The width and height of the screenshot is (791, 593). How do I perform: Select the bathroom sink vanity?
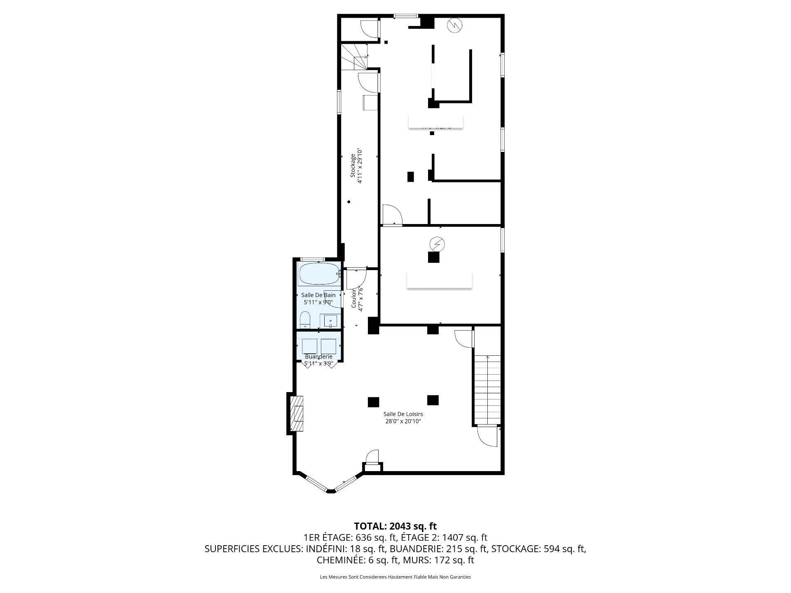[x=330, y=321]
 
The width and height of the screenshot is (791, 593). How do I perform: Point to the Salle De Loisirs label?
[x=403, y=414]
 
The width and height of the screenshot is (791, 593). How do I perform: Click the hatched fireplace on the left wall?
[x=297, y=414]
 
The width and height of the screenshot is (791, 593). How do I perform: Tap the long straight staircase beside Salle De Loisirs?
[x=488, y=389]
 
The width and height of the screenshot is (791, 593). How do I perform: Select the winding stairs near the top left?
[x=354, y=57]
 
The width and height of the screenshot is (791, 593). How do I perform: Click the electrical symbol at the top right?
[x=455, y=26]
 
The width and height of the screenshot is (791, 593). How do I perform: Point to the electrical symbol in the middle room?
[x=437, y=244]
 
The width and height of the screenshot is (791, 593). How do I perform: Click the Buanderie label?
[x=318, y=357]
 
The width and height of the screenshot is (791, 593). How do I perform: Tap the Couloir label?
[x=353, y=299]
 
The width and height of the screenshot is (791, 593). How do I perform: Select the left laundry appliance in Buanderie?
[x=309, y=346]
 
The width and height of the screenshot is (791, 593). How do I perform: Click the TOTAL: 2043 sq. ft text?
[x=395, y=526]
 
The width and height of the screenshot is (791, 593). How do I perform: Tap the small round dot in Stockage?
[x=349, y=202]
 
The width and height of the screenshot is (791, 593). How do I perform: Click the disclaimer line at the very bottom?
[x=395, y=577]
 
